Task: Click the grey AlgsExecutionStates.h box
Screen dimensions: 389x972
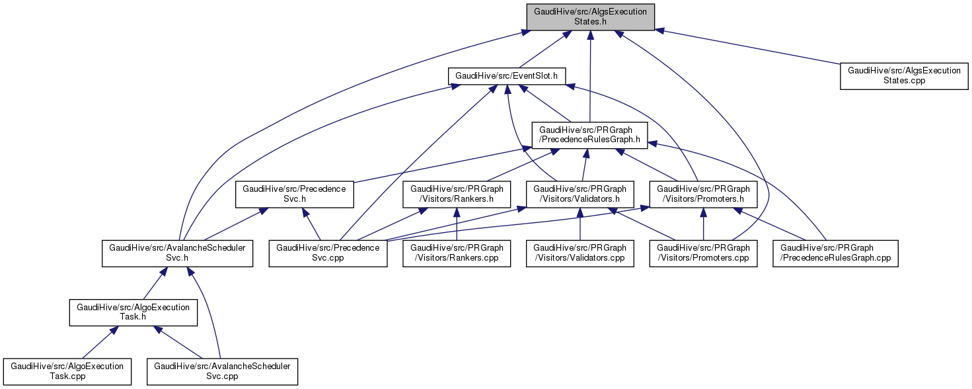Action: (x=590, y=17)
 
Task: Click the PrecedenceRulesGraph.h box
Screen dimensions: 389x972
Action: (x=590, y=135)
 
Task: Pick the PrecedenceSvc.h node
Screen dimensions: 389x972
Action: (x=295, y=194)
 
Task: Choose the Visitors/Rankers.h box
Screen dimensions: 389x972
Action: (x=457, y=194)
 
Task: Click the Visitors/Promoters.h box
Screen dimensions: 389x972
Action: (x=704, y=194)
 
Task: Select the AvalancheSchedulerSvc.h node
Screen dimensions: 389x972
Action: (x=178, y=253)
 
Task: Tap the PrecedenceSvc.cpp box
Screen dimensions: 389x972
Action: (x=328, y=253)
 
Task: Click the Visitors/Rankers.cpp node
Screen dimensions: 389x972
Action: (x=457, y=253)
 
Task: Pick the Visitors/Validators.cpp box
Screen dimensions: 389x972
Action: (x=580, y=253)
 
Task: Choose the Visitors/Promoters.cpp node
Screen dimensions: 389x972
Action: (x=703, y=253)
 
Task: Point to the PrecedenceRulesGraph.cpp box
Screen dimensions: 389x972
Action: (x=836, y=253)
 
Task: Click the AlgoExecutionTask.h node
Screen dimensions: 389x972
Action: (x=133, y=312)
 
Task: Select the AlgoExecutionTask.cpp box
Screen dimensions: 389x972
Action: (x=67, y=372)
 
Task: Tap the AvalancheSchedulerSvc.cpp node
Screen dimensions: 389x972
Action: (x=222, y=372)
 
